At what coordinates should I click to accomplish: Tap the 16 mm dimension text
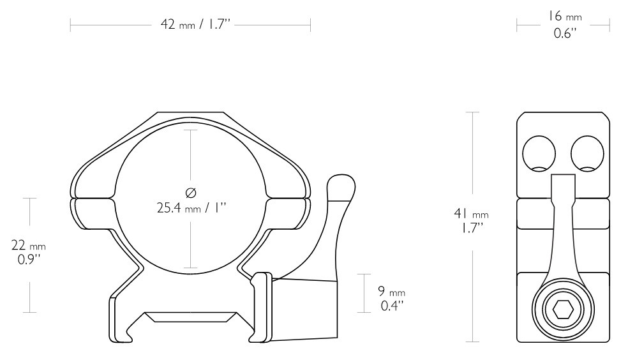pos(564,17)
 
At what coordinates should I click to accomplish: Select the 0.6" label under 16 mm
pos(565,33)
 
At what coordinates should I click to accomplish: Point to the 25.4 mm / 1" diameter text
pos(191,208)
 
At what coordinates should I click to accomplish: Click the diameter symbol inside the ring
pos(191,193)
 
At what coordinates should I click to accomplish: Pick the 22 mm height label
pos(29,244)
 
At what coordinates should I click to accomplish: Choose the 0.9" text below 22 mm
pos(29,260)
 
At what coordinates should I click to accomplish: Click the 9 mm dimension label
pos(391,291)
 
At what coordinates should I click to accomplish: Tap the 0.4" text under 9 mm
pos(392,306)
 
